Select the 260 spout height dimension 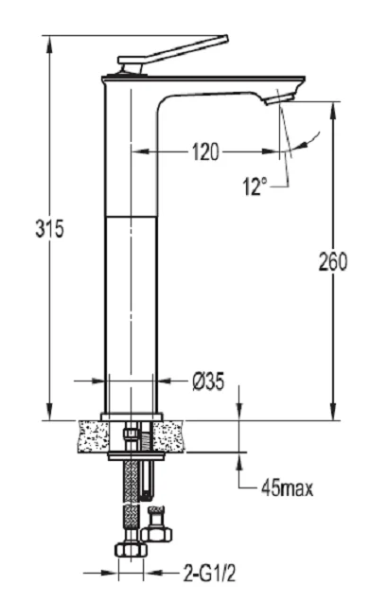333,261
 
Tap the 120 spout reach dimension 205,151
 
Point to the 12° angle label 255,186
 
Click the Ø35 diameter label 208,381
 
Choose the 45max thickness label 288,488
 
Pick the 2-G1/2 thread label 209,575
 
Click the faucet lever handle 173,54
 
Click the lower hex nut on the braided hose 131,549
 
